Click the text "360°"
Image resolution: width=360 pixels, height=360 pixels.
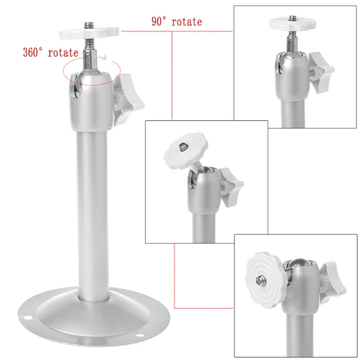pyautogui.click(x=33, y=53)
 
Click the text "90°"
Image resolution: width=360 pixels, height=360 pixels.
pyautogui.click(x=159, y=22)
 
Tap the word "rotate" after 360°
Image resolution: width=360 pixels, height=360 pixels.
pyautogui.click(x=63, y=53)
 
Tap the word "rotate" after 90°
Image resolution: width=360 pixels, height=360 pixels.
pyautogui.click(x=187, y=22)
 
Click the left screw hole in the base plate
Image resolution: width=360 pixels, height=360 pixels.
pyautogui.click(x=28, y=317)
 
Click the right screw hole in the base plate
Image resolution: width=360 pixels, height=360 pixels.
pyautogui.click(x=140, y=335)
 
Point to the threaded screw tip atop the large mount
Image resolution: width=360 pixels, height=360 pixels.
pyautogui.click(x=89, y=25)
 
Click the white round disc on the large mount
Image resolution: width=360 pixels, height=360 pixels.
pyautogui.click(x=89, y=33)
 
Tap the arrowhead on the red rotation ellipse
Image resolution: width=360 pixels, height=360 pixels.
pyautogui.click(x=105, y=58)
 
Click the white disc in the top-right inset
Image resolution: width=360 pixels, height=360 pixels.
pyautogui.click(x=292, y=24)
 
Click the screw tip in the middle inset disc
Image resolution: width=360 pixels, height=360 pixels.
pyautogui.click(x=183, y=146)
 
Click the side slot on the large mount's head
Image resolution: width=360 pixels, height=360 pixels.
pyautogui.click(x=74, y=88)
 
